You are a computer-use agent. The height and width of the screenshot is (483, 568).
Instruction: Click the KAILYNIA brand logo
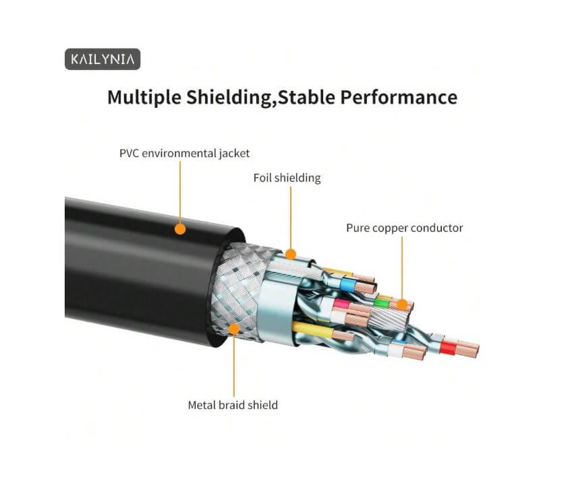pos(103,59)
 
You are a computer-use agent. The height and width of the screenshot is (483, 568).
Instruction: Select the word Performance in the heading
pos(398,97)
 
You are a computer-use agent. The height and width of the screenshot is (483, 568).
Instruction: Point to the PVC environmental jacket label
pos(184,154)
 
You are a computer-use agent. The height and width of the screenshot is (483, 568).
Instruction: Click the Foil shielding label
pos(287,179)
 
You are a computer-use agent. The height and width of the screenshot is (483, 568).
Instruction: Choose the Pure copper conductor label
pos(404,228)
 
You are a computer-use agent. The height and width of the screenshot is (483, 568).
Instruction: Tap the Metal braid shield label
pos(232,405)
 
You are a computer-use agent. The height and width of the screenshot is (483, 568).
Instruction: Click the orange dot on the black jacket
pos(180,229)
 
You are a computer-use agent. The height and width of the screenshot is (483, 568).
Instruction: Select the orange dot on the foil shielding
pos(291,254)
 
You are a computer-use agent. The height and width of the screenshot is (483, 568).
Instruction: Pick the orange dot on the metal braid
pos(233,329)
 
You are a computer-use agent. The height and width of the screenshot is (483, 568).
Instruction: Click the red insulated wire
pos(447,347)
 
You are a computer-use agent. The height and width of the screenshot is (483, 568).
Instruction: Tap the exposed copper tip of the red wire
pos(467,350)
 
